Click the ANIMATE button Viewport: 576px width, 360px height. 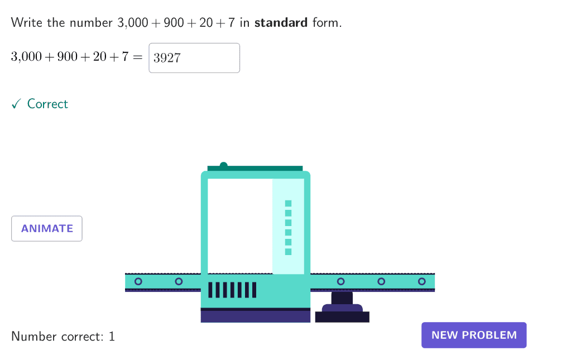47,228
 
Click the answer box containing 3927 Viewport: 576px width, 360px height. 194,58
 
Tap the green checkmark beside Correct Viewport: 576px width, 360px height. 16,104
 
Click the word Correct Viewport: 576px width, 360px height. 47,104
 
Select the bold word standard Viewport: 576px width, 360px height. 281,23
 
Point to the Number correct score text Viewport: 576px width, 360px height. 63,336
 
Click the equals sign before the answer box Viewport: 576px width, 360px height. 137,57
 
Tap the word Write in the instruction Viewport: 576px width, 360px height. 26,23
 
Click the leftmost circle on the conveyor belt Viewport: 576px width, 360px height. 138,281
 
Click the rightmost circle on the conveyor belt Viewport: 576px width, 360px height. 422,281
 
